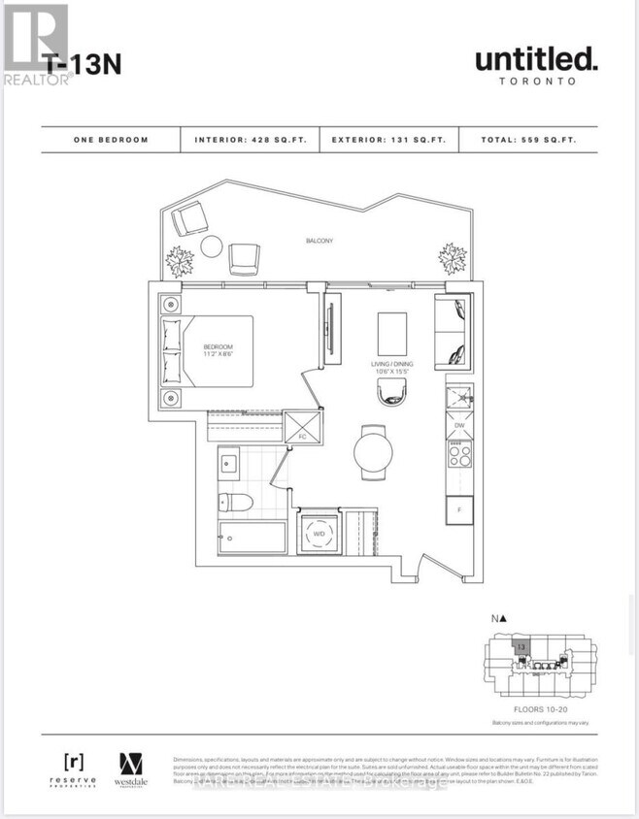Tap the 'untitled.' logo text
coord(535,60)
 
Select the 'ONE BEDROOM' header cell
coord(111,140)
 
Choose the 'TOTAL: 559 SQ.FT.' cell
coord(528,140)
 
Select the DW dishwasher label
coord(457,425)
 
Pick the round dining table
coord(373,451)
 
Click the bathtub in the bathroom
coord(252,536)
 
